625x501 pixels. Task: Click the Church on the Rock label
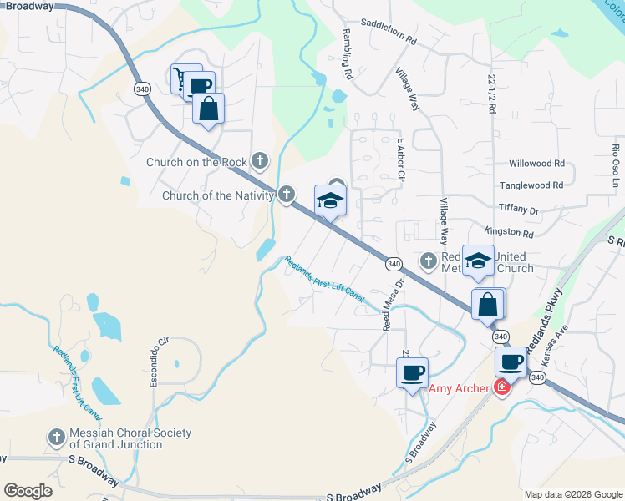click(197, 162)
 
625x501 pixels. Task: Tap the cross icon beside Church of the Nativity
click(287, 195)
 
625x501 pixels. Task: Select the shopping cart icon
click(180, 78)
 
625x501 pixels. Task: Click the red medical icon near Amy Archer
click(501, 387)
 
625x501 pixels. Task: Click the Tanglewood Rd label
click(531, 185)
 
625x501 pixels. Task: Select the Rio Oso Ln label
click(616, 165)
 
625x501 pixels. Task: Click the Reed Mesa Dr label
click(394, 304)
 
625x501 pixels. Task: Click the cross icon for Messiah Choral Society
click(56, 438)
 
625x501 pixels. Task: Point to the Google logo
click(28, 491)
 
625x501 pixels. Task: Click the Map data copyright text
click(573, 494)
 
